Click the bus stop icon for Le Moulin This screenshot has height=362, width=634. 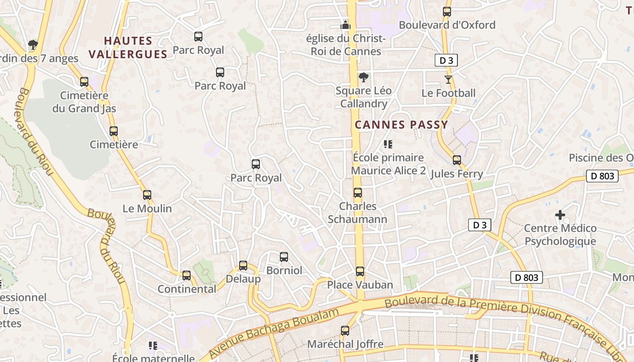tap(147, 195)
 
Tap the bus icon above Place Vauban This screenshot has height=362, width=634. tap(360, 271)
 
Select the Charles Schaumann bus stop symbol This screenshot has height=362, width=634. tap(358, 193)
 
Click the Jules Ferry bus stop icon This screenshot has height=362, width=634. tap(457, 160)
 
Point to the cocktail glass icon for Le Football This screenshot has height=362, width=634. tap(448, 80)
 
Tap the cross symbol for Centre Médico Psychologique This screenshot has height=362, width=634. tap(560, 214)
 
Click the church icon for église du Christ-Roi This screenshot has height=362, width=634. tap(346, 25)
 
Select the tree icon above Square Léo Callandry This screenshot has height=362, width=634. tap(363, 77)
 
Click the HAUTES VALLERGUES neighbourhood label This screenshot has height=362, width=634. tap(128, 48)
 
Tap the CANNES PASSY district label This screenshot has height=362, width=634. tap(401, 125)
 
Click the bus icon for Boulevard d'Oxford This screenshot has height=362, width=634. tap(447, 12)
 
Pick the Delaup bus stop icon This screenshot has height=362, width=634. tap(243, 266)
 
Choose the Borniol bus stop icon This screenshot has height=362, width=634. tap(284, 257)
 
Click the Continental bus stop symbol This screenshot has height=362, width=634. tap(187, 276)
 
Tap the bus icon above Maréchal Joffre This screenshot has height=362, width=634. tap(345, 331)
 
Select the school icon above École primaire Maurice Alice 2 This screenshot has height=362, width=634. tap(388, 144)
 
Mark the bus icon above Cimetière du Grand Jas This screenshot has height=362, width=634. tap(84, 82)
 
